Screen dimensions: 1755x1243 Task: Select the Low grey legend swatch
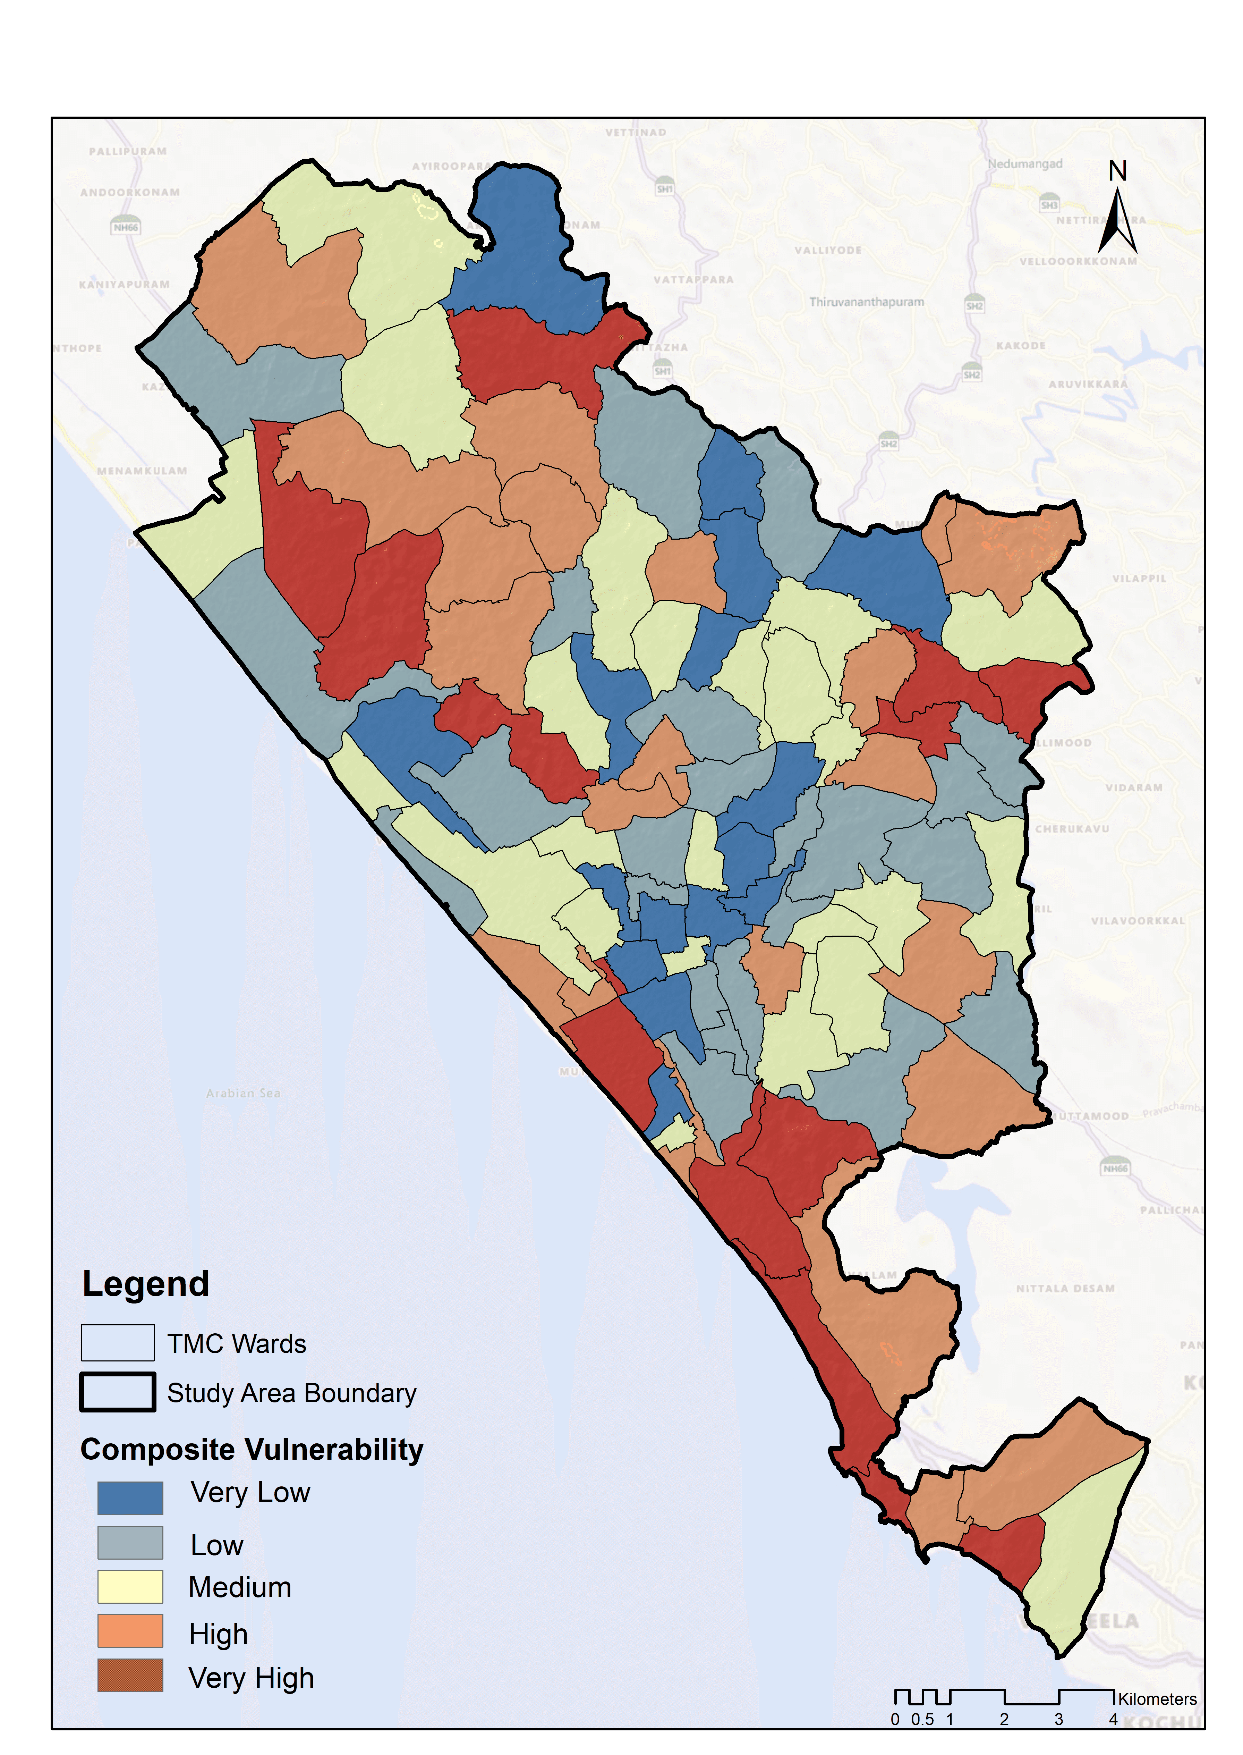130,1542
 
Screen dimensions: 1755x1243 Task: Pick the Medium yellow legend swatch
130,1587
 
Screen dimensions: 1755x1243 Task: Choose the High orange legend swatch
130,1631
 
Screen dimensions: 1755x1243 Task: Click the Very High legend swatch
130,1676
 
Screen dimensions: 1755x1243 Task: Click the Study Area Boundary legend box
118,1392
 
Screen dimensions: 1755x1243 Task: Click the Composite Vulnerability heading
252,1450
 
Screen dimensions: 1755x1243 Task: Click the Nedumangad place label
1025,164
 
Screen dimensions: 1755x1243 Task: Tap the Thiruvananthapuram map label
867,302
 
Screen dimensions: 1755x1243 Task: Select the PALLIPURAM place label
128,152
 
